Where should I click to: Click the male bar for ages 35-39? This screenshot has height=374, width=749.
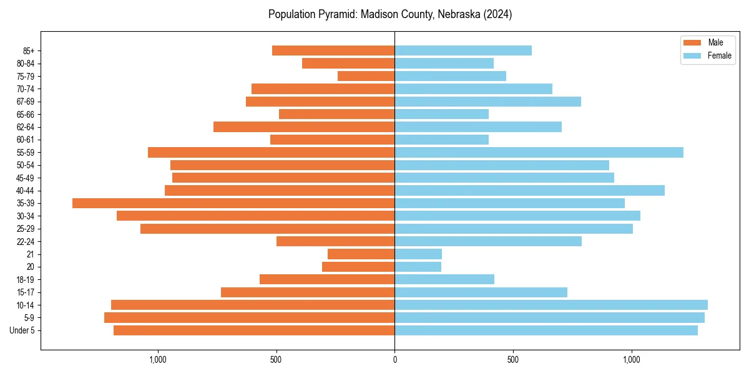(x=233, y=203)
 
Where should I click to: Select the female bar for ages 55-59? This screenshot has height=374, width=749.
(x=539, y=152)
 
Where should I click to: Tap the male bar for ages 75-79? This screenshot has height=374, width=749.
(x=366, y=76)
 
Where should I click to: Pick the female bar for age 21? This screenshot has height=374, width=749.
(x=418, y=254)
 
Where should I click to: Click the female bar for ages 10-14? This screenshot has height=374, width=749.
(x=551, y=305)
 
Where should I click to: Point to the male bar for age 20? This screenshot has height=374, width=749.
(x=358, y=267)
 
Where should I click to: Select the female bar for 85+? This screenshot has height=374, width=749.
(x=463, y=50)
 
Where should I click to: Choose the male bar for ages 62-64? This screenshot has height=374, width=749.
(x=304, y=127)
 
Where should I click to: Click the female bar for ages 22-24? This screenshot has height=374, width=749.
(x=488, y=241)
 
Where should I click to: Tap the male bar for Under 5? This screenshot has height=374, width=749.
(x=254, y=330)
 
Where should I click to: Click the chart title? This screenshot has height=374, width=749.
(x=390, y=14)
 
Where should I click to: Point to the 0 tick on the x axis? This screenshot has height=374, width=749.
(x=394, y=359)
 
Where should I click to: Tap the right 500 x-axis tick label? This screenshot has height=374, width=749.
(x=513, y=359)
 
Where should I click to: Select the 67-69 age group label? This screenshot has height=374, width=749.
(x=26, y=102)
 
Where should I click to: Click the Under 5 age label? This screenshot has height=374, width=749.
(x=22, y=330)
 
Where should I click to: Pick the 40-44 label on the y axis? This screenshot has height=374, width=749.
(x=26, y=191)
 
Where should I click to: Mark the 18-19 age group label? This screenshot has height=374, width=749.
(x=26, y=279)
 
